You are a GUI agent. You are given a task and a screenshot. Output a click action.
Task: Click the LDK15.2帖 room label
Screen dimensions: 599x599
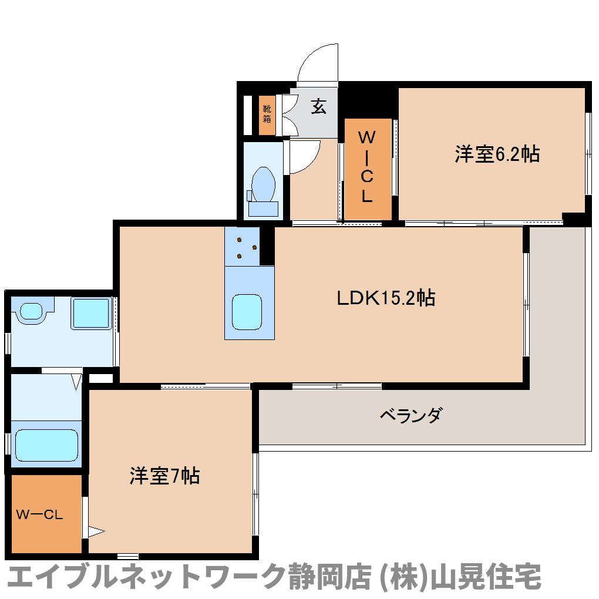[386, 298]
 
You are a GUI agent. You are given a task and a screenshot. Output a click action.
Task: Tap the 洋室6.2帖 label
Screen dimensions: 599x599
[497, 154]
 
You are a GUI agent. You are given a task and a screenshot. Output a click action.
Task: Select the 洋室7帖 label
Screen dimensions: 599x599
[164, 476]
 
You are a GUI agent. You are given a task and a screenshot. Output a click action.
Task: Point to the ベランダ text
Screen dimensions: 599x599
[412, 415]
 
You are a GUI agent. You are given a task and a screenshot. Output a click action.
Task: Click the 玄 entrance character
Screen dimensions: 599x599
[319, 106]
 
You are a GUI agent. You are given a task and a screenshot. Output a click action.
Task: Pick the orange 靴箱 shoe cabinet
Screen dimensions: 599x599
[267, 115]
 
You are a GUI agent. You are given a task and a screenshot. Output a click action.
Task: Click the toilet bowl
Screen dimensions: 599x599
[264, 184]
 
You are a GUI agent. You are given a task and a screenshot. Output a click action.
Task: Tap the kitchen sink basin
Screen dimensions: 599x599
[247, 312]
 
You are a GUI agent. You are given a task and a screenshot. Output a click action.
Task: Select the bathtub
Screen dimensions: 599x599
[46, 445]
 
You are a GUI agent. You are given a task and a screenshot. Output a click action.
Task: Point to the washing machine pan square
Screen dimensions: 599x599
[91, 313]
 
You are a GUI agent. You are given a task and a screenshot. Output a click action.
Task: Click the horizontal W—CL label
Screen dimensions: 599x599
[39, 514]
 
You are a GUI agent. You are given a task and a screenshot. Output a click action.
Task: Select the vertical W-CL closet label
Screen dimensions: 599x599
[366, 167]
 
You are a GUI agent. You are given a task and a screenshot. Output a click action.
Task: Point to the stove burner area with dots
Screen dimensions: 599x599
[242, 247]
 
